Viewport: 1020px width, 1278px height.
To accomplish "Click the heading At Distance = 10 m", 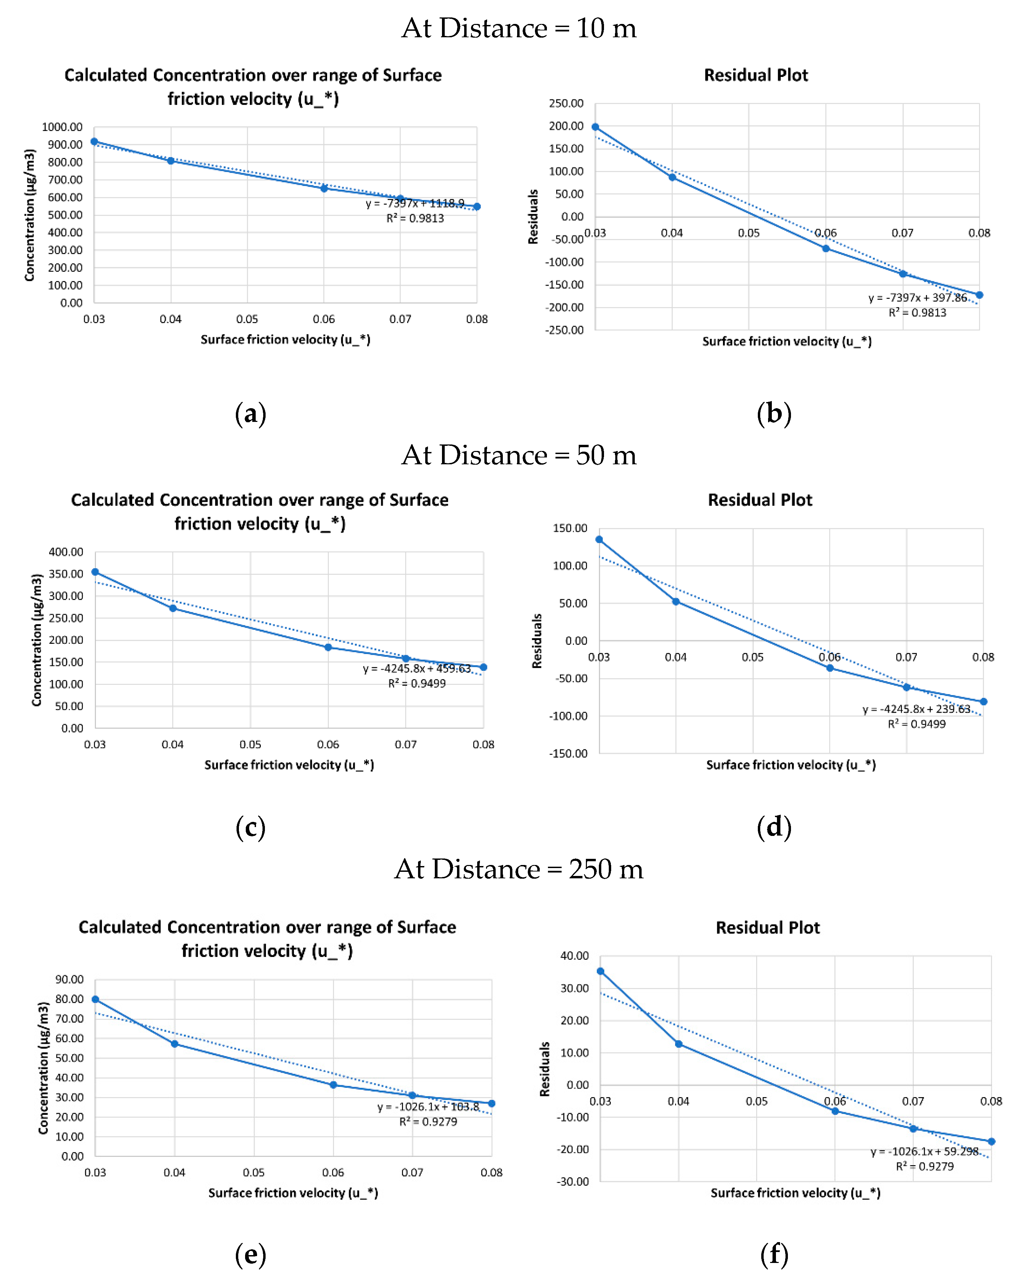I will click(519, 28).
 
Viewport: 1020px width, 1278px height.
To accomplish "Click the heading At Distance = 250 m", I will click(519, 869).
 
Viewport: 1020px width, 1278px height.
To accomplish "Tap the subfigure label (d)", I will click(774, 827).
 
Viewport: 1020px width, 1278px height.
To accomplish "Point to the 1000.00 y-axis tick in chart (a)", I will click(62, 127).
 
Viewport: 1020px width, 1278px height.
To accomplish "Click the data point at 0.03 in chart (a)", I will click(94, 142).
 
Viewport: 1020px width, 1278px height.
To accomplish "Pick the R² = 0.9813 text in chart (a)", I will click(415, 218).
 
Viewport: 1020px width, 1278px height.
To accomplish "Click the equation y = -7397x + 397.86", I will click(917, 297).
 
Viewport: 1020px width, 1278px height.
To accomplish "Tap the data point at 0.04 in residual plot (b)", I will click(672, 177).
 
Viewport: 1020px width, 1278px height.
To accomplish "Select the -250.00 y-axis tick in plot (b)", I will click(564, 330).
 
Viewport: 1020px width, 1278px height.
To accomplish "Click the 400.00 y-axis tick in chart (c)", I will click(66, 552).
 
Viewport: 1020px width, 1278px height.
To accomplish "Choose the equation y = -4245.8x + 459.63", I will click(417, 669).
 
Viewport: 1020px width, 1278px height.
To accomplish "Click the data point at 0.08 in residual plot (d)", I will click(983, 702).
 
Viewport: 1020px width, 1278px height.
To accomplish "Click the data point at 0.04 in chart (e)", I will click(175, 1044).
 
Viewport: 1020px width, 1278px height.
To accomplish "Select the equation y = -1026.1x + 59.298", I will click(925, 1152).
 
